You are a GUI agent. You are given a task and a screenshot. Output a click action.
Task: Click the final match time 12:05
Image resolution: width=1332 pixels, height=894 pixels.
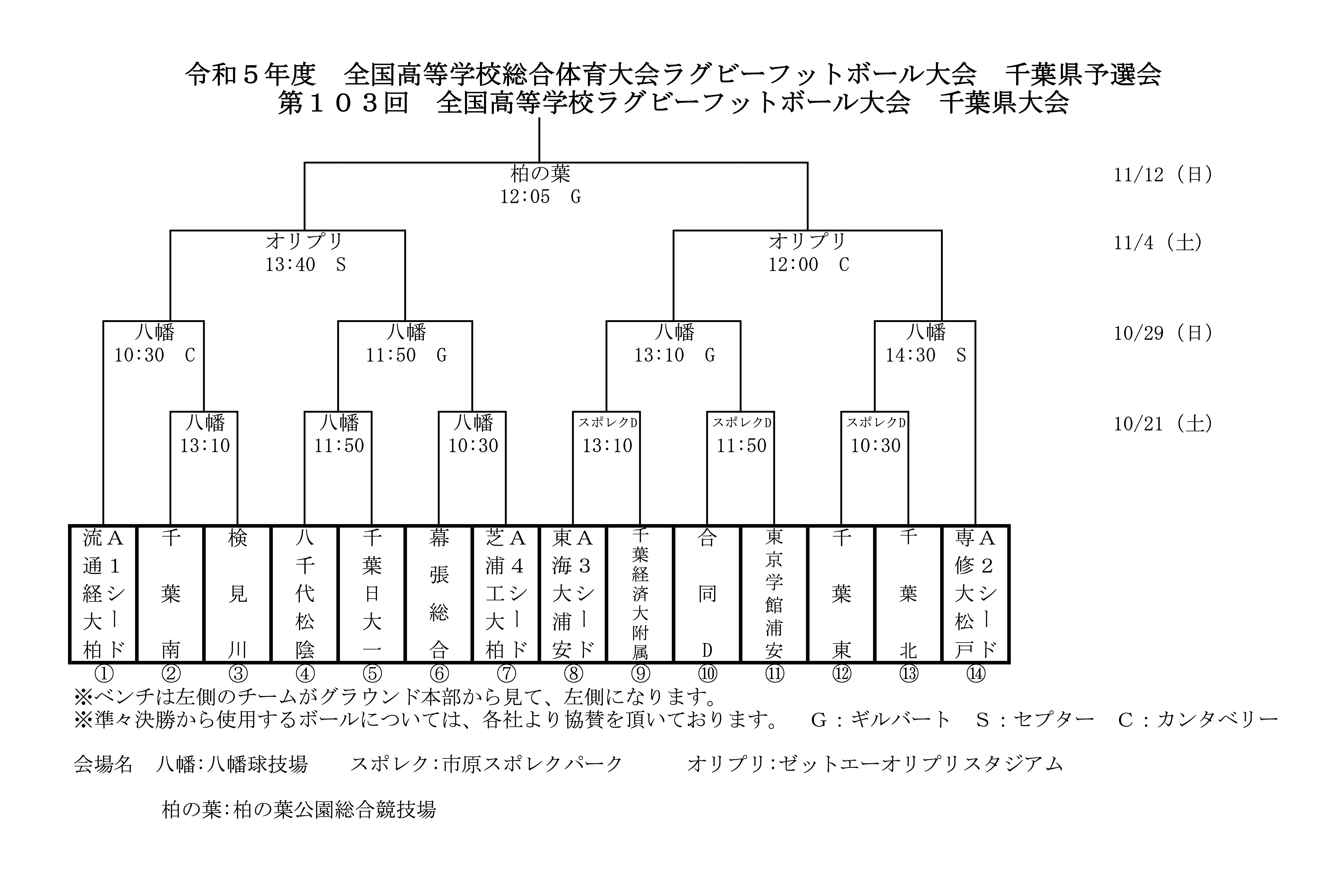click(525, 197)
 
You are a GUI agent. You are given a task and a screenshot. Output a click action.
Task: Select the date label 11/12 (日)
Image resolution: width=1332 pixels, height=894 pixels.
click(1163, 174)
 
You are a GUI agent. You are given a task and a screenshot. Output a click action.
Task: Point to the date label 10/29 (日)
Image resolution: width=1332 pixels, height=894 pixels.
click(1163, 333)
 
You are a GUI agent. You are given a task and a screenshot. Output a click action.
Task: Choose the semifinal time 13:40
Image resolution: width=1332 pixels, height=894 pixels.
click(290, 265)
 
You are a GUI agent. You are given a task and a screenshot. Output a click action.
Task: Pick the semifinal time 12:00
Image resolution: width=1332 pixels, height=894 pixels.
click(793, 265)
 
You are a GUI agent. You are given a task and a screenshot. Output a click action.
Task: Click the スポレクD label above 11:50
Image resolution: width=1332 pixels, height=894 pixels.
click(742, 422)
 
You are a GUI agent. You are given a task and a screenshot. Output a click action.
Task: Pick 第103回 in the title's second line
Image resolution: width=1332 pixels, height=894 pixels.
click(343, 103)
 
